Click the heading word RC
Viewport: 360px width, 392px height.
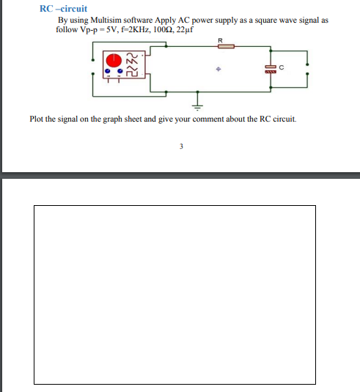click(46, 9)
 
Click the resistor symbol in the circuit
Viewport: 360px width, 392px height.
click(225, 46)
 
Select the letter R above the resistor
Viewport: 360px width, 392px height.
click(220, 39)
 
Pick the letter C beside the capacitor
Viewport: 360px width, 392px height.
click(281, 67)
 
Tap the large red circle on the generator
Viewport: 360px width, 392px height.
click(114, 60)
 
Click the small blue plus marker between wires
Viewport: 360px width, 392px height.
click(218, 70)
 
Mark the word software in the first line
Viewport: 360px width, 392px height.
click(135, 20)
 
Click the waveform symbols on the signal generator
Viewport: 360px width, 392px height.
click(133, 65)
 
